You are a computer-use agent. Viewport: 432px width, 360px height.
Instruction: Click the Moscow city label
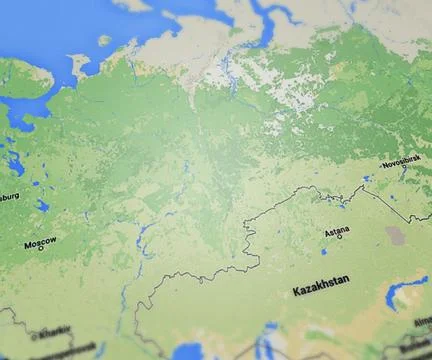pos(40,241)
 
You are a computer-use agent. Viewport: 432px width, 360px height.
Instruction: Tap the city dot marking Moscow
pos(41,248)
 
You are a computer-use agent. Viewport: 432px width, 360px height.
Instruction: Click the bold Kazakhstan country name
pos(321,290)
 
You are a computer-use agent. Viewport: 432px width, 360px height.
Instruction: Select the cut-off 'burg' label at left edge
pos(8,196)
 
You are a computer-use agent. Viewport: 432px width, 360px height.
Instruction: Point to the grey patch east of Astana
pos(395,236)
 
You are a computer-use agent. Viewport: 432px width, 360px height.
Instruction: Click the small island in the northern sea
pos(104,40)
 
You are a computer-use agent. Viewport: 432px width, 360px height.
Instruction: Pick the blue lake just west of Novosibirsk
pos(367,178)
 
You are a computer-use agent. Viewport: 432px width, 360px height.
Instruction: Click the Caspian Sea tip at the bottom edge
pos(187,351)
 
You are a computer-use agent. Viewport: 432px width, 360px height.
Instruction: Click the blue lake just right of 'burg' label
pos(42,206)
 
